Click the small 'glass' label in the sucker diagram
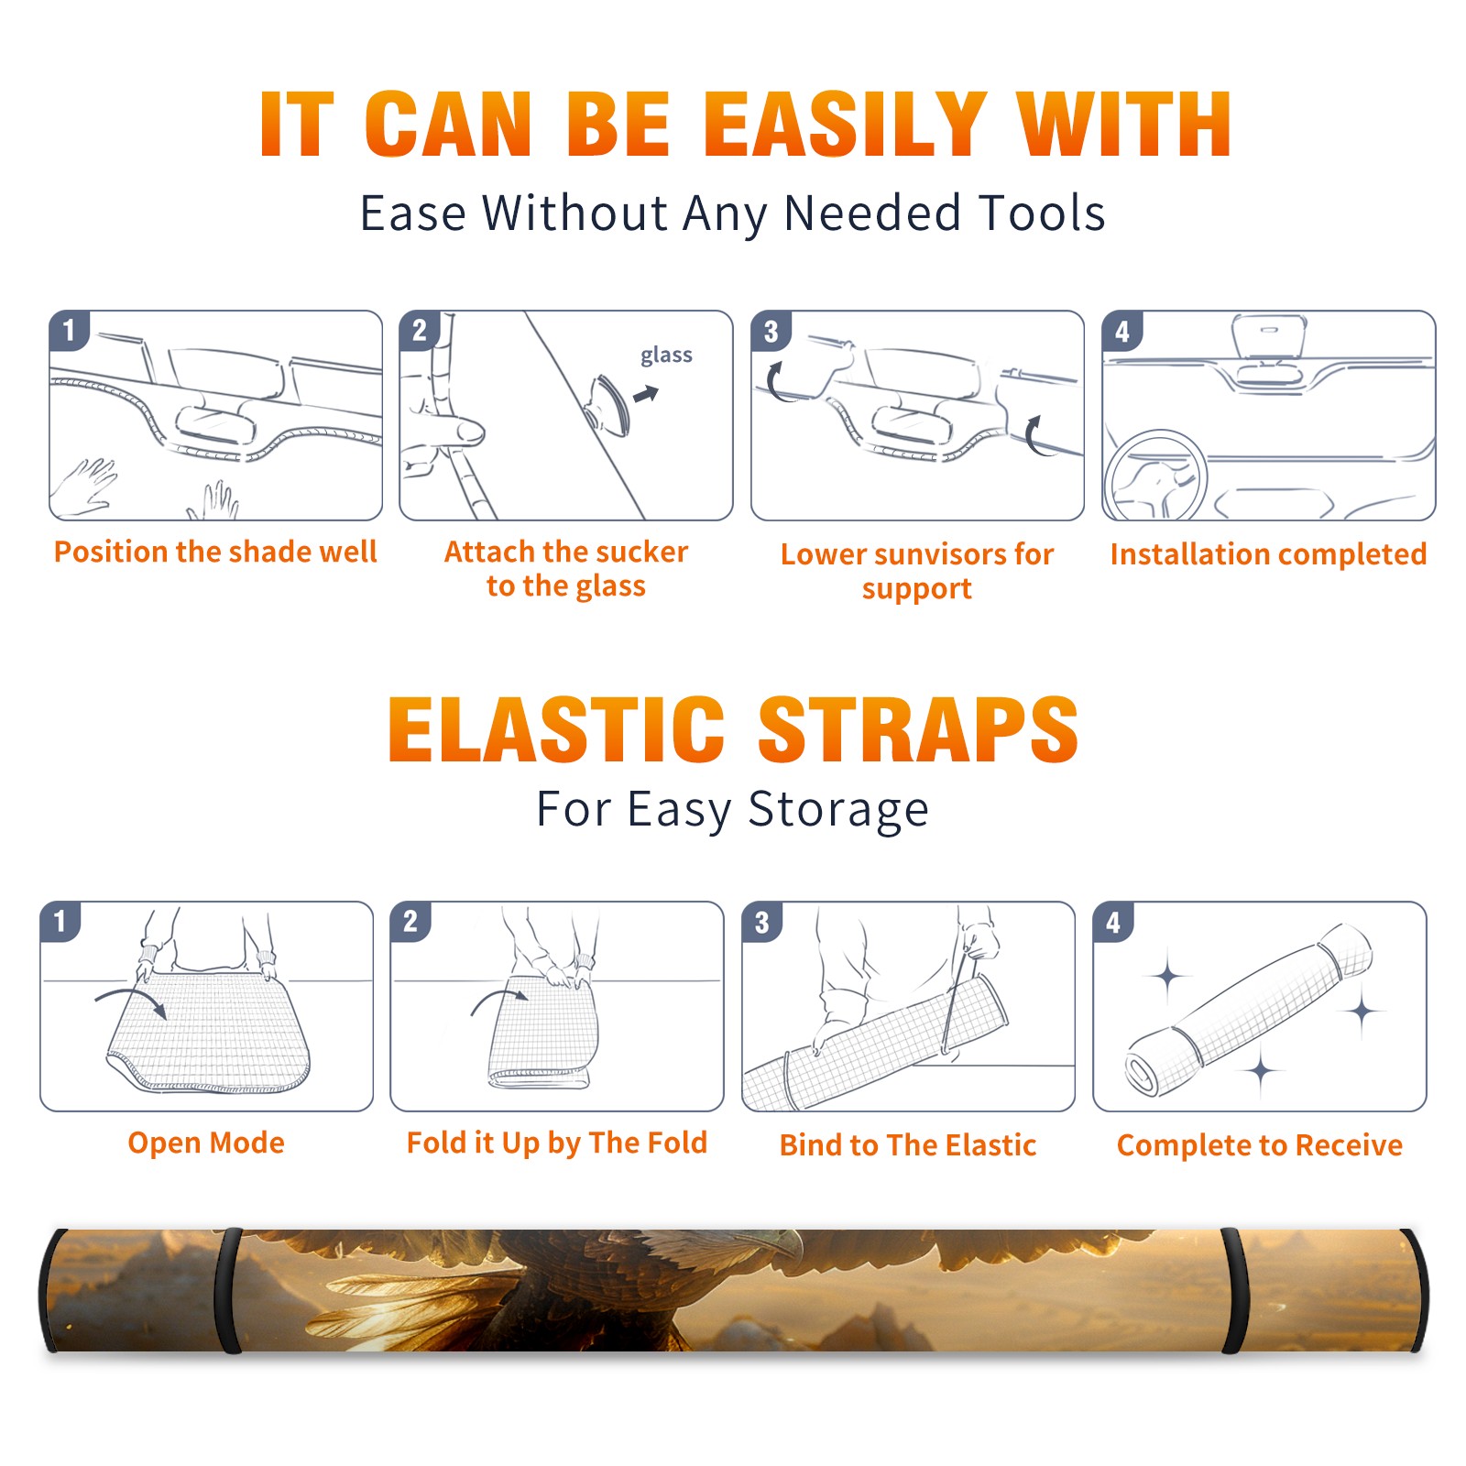point(666,356)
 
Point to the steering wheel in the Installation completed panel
point(1155,475)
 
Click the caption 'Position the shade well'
point(215,552)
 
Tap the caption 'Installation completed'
point(1268,553)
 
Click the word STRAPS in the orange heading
point(918,729)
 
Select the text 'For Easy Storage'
point(732,809)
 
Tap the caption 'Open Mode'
point(206,1143)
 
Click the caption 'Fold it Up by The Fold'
point(557,1143)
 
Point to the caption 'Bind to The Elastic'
point(908,1145)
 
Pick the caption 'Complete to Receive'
point(1260,1145)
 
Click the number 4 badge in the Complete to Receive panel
point(1113,922)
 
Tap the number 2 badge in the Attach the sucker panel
point(420,331)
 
